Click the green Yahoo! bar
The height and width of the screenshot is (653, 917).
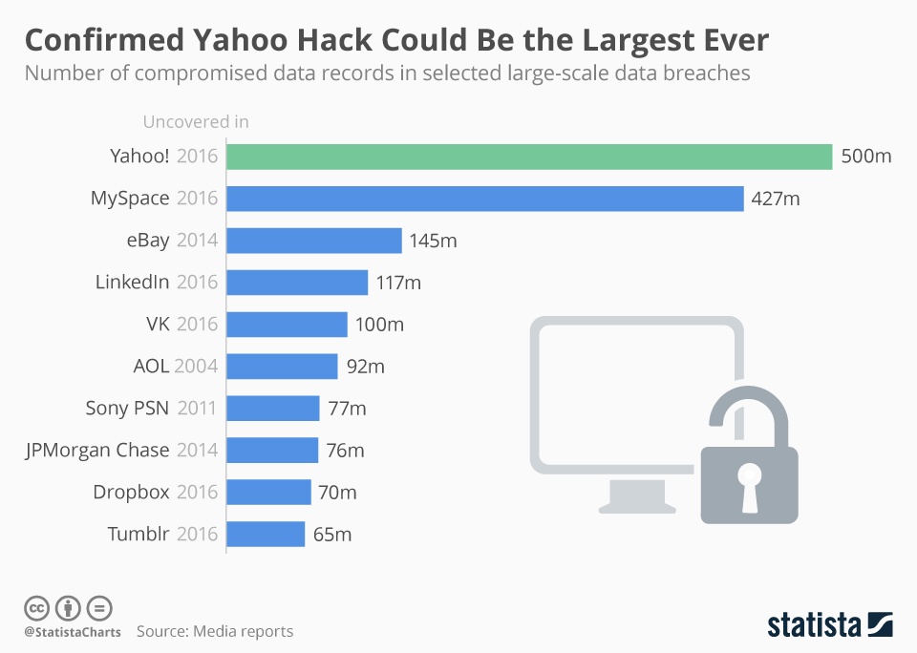coord(529,157)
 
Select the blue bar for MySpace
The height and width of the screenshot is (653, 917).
coord(484,199)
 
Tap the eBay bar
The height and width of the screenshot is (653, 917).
coord(313,241)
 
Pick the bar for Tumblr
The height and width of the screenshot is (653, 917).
coord(266,534)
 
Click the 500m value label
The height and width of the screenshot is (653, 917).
coord(866,157)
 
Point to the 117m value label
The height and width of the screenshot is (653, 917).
coord(398,283)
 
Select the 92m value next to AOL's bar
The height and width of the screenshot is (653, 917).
coord(365,367)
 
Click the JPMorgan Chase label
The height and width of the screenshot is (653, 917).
coord(96,450)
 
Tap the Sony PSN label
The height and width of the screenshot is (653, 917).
coord(127,409)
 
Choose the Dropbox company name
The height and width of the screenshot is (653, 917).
coord(131,493)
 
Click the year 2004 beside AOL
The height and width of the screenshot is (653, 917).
coord(197,367)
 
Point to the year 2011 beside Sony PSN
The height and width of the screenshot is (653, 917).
coord(197,409)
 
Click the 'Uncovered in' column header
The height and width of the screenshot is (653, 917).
coord(196,121)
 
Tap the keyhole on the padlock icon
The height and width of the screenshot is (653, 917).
coord(749,482)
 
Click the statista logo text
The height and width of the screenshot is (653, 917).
coord(815,625)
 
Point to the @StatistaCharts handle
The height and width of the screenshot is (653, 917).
coord(71,631)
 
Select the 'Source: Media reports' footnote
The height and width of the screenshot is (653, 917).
coord(215,631)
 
